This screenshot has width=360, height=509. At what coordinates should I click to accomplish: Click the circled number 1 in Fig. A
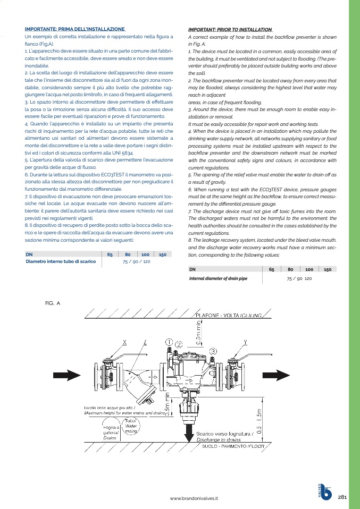point(169,342)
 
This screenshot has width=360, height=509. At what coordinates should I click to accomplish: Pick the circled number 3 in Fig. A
point(213,351)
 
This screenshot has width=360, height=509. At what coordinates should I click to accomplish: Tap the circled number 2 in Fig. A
point(179,344)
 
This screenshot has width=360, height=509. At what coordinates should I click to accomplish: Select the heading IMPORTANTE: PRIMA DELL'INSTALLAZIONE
point(74,29)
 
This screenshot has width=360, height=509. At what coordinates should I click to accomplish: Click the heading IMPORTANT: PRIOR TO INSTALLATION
point(231,29)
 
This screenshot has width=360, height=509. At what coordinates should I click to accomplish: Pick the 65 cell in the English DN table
point(272,269)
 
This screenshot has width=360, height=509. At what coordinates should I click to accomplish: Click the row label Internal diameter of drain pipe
point(219,278)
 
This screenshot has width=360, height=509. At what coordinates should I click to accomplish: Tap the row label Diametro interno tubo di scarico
point(61,262)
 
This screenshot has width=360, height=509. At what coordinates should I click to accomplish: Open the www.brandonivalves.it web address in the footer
point(194,498)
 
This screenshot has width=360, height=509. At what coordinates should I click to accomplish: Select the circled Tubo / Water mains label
point(131,427)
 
